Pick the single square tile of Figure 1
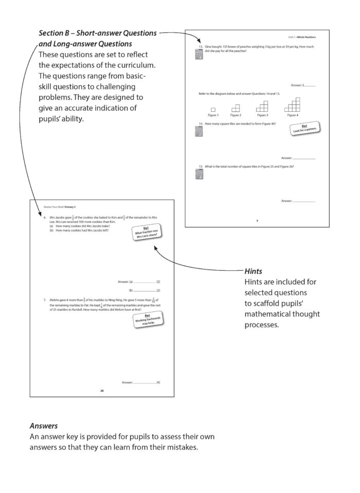click(x=212, y=109)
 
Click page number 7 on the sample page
click(x=257, y=220)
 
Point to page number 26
click(x=102, y=391)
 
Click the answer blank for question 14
click(x=303, y=157)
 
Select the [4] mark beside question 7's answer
click(x=158, y=382)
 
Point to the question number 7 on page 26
click(x=45, y=299)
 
